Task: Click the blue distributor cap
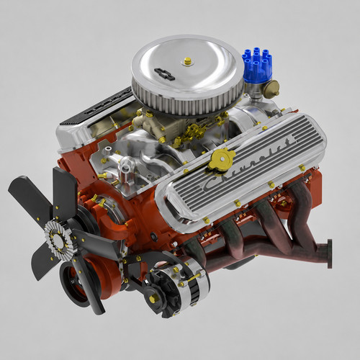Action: point(257,63)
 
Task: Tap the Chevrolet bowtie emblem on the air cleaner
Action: point(165,74)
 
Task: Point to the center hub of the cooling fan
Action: point(58,238)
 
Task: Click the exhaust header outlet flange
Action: point(329,253)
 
